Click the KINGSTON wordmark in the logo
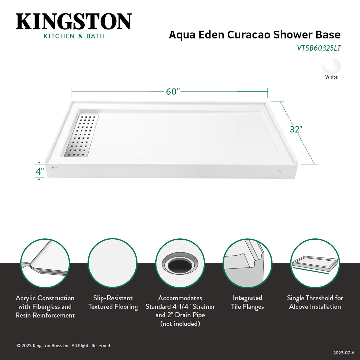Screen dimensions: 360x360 pos(74,22)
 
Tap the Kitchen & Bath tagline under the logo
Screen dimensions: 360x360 pos(74,36)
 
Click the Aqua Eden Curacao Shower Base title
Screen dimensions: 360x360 pos(254,35)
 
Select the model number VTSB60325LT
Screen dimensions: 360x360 pos(318,48)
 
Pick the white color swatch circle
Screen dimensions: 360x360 pos(331,66)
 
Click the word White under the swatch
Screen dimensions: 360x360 pos(331,77)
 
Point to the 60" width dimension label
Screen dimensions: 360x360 pos(173,92)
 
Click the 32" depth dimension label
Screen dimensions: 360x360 pos(296,129)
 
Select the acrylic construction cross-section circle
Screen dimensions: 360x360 pos(45,263)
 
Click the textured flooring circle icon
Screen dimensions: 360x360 pos(112,263)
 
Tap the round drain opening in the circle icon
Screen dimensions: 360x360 pos(180,264)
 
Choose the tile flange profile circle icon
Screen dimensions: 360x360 pos(247,263)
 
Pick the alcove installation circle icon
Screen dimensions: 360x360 pos(315,263)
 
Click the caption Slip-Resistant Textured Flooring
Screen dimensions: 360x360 pos(113,302)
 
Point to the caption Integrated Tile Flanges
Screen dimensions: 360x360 pos(247,302)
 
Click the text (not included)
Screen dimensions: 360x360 pos(180,324)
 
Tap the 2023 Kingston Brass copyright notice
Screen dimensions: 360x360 pos(63,346)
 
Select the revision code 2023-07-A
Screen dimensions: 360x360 pos(344,353)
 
